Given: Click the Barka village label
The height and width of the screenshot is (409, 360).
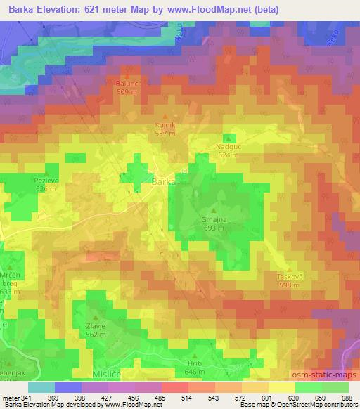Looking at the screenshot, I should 164,181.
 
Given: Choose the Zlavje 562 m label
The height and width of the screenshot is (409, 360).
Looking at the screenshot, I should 96,320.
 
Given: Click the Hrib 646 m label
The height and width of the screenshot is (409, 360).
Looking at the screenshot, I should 194,367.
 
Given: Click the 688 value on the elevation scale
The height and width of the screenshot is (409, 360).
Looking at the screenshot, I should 345,397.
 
